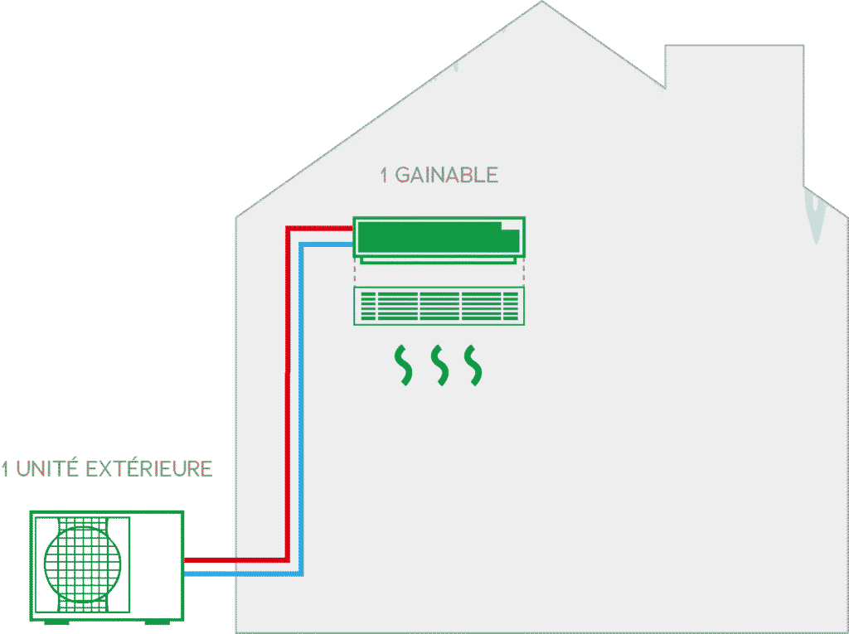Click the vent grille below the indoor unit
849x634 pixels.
click(439, 306)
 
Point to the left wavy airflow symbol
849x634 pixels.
click(402, 365)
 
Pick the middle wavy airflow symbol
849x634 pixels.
click(439, 365)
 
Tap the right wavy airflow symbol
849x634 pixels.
click(473, 365)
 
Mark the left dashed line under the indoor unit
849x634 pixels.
click(355, 273)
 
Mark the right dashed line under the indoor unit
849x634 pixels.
click(524, 273)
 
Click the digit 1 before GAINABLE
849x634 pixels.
click(384, 176)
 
